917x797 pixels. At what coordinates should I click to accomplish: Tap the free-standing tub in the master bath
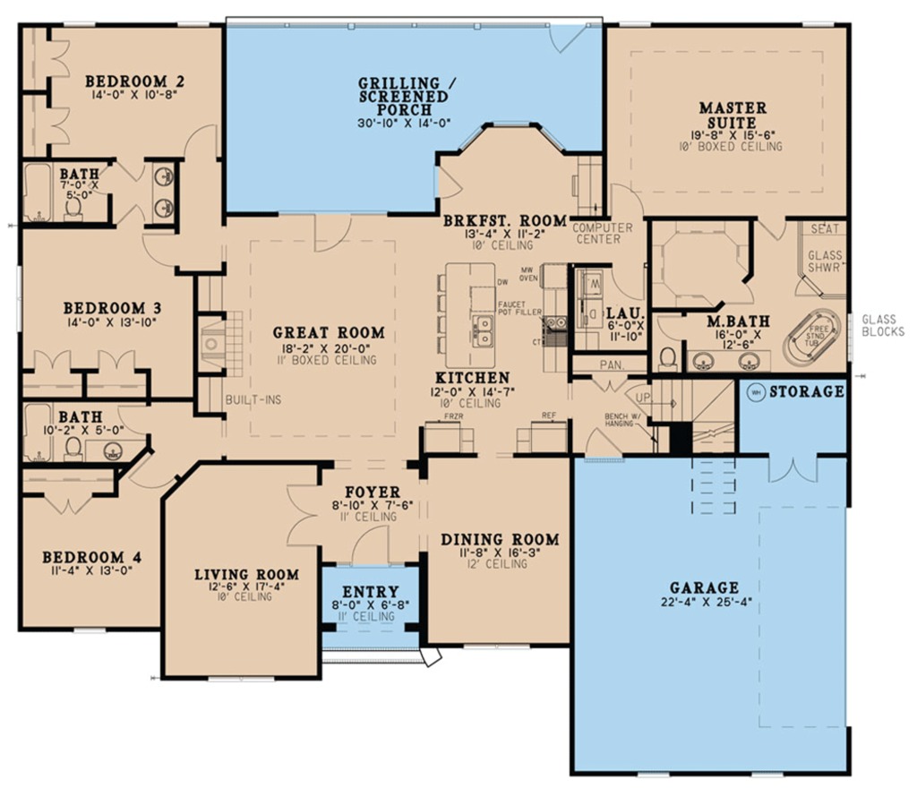coord(812,337)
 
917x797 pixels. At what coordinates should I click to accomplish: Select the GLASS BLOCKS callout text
coord(883,325)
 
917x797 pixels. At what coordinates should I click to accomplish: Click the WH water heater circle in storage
coord(755,392)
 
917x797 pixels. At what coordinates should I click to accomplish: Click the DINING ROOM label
coord(500,539)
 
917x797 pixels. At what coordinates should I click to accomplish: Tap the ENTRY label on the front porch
coord(370,592)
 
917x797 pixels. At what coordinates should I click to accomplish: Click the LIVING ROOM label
coord(246,574)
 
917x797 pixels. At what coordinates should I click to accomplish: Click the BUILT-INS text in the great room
coord(253,399)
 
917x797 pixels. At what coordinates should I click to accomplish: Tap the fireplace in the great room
coord(212,341)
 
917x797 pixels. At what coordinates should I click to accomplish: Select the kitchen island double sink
coord(483,330)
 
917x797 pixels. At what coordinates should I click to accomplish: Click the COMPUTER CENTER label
coord(602,234)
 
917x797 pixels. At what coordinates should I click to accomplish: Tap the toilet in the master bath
coord(667,358)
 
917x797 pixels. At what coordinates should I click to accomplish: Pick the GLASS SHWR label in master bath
coord(825,261)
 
